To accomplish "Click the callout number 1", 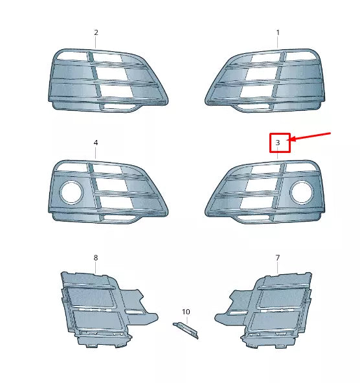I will [278, 32].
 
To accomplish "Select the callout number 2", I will [96, 32].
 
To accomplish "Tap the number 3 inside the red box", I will [278, 142].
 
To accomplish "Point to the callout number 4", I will [96, 143].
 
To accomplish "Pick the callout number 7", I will [278, 258].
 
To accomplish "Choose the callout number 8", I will [96, 258].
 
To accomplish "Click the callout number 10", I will [186, 312].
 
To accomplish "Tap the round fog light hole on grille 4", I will [71, 192].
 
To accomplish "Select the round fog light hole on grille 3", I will [301, 192].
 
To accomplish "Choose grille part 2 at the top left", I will [107, 78].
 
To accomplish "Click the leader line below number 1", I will [278, 43].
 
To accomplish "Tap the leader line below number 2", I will [96, 43].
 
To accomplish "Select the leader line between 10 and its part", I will [186, 319].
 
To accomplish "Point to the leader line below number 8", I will [96, 268].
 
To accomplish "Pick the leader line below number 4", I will [96, 153].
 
